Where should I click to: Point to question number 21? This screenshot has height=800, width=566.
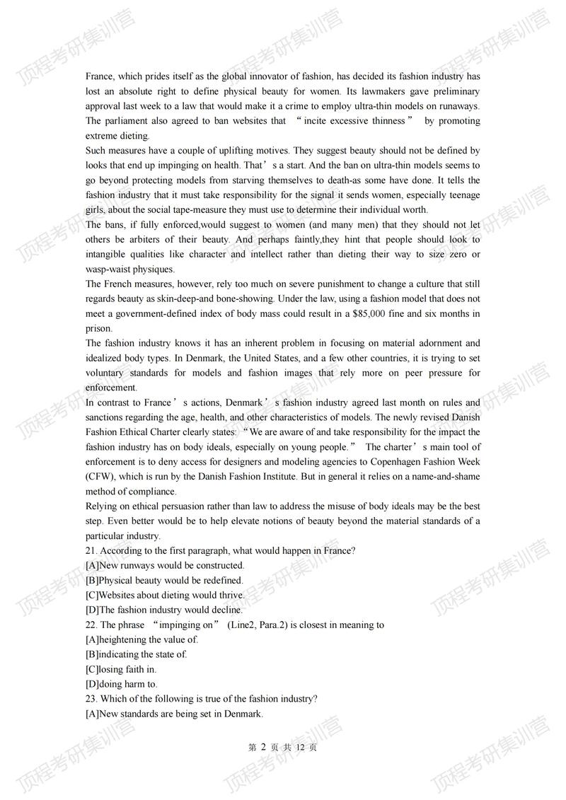pos(91,551)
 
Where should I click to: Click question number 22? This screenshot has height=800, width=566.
pos(91,625)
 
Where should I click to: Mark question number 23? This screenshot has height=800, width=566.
pos(91,699)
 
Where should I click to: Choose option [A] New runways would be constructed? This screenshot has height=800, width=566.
pos(164,566)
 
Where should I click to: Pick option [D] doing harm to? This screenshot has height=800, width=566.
pos(121,684)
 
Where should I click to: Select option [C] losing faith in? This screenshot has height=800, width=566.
pos(120,669)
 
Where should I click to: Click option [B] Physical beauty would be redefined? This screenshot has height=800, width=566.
pos(163,581)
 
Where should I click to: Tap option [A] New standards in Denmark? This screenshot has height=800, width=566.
pos(174,714)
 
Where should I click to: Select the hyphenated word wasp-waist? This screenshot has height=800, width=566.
pos(110,269)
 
